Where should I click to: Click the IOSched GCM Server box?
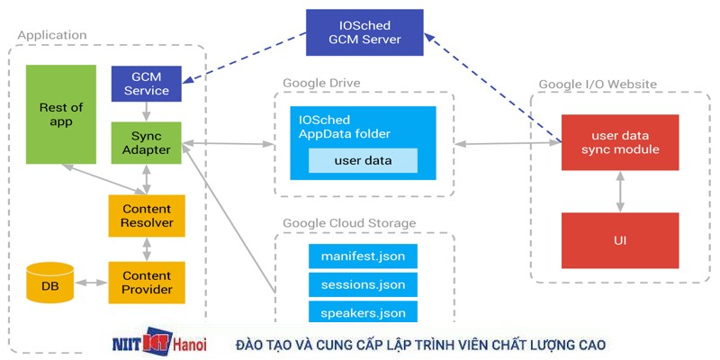coord(364,31)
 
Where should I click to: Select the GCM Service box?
coord(147,83)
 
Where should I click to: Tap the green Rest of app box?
coord(60,114)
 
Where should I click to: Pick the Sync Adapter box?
coord(146,142)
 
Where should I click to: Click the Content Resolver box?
coord(147,216)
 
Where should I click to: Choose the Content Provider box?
coord(147,283)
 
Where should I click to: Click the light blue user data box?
coord(363,161)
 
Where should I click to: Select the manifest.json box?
coord(363,256)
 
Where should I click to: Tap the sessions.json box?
coord(363,285)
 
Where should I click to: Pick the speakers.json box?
coord(363,313)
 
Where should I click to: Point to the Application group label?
coord(52,35)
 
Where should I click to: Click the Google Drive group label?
coord(321,83)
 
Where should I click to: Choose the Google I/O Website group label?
coord(598,85)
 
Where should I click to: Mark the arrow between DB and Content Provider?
coord(91,283)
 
